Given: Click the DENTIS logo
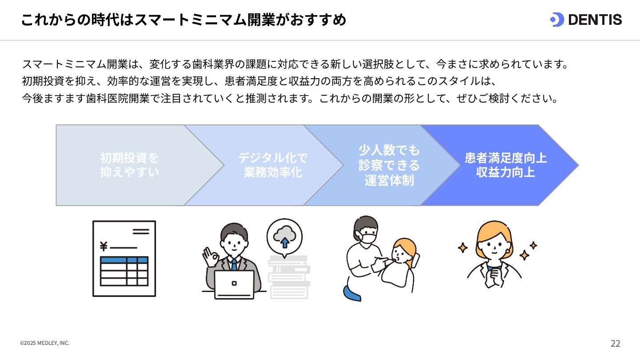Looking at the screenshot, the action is (586, 20).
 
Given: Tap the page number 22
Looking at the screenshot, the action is (615, 343).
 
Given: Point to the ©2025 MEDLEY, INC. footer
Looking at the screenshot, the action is (44, 343).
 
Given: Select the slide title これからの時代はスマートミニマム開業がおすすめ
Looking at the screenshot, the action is (183, 20).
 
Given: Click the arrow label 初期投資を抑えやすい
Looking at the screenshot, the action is (129, 165).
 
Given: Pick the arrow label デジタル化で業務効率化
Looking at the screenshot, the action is (272, 165).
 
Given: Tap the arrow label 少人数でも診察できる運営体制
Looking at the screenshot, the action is (389, 165).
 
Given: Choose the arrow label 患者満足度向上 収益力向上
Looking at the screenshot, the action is (505, 165).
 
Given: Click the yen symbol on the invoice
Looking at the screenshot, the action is (104, 246).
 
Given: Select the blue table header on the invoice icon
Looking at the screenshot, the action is (124, 260).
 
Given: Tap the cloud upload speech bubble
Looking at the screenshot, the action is (284, 237).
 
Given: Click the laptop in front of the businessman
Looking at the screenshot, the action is (234, 284).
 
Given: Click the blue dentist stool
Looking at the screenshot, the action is (352, 293).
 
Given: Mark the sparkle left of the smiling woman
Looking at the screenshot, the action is (463, 248).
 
